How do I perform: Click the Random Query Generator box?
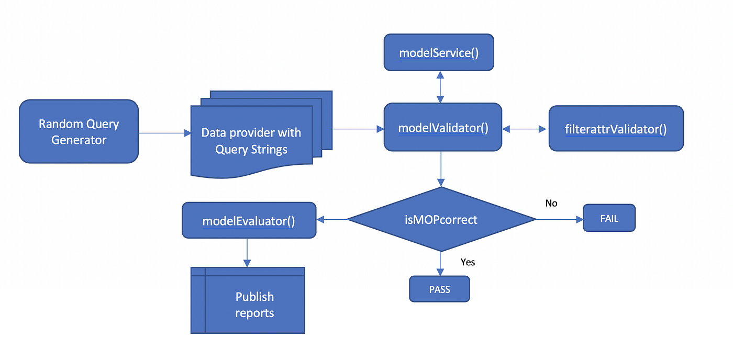pos(79,131)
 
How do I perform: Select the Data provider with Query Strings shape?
pos(251,141)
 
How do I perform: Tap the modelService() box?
pos(439,52)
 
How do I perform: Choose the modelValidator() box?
pos(443,127)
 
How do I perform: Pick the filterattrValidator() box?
pos(616,129)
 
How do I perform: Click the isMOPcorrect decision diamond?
pos(442,219)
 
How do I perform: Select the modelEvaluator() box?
pos(249,220)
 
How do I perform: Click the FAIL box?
pos(609,218)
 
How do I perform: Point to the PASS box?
pos(439,289)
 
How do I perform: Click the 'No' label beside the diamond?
pos(551,203)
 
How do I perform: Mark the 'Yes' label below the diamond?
pos(468,262)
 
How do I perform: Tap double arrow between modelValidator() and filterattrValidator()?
pos(525,128)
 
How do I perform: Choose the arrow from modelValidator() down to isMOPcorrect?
pos(441,168)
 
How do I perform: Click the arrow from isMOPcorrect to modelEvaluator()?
pos(332,219)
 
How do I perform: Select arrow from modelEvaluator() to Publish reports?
pos(247,252)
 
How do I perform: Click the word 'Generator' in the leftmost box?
pos(79,140)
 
